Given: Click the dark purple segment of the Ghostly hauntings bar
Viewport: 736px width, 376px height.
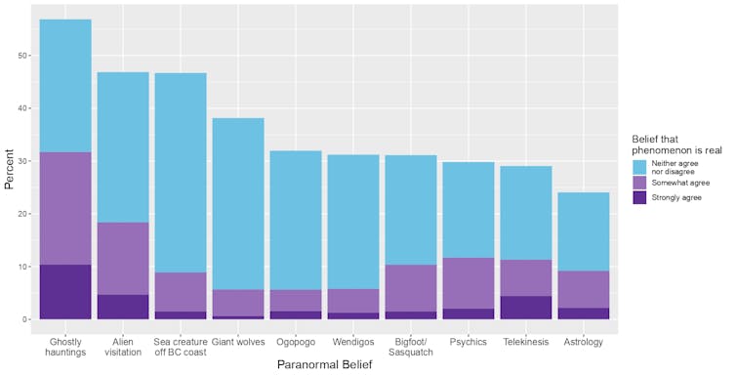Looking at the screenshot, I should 65,291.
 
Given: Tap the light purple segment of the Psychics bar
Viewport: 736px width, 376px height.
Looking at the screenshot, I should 468,283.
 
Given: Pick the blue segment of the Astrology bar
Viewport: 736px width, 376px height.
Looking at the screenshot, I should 583,231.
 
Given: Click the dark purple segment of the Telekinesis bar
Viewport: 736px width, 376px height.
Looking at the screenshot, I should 525,308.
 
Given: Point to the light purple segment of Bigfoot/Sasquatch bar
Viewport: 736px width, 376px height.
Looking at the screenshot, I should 410,288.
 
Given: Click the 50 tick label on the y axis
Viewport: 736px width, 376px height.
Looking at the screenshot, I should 22,56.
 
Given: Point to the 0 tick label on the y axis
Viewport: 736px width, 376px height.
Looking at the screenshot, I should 25,319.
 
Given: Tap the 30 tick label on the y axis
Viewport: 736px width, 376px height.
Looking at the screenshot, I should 22,161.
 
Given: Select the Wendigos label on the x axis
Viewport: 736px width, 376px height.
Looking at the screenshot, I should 352,342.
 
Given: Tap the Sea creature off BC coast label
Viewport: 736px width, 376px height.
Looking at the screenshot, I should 181,347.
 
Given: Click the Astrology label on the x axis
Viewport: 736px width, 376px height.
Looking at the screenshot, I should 583,342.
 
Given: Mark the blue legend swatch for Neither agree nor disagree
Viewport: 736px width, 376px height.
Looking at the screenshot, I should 641,166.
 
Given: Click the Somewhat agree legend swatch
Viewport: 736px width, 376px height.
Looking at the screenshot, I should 641,183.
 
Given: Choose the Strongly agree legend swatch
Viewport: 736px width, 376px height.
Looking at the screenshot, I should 641,197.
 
